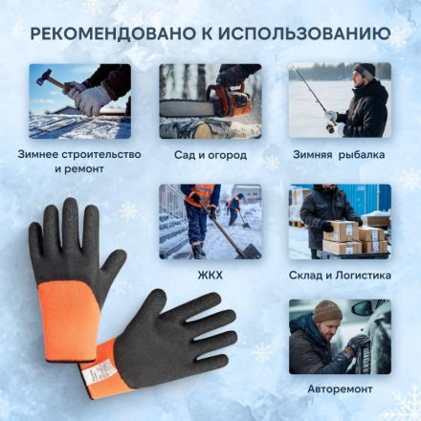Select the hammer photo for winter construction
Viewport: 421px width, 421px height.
click(x=79, y=100)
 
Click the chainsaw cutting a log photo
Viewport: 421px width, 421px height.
click(x=210, y=100)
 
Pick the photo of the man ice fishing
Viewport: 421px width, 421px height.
click(x=340, y=100)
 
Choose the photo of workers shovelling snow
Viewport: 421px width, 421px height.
click(x=210, y=221)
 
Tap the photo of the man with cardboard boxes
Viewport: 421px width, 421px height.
click(x=340, y=221)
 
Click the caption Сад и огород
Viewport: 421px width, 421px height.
click(x=210, y=154)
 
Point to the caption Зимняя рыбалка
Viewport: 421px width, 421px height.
click(x=340, y=154)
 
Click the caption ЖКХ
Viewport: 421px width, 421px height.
click(x=210, y=275)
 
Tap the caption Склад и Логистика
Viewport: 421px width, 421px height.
click(x=340, y=275)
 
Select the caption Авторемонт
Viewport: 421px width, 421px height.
click(x=340, y=389)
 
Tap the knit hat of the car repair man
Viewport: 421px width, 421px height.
click(x=326, y=310)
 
